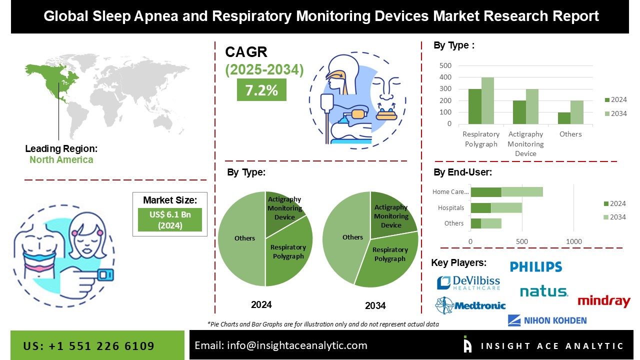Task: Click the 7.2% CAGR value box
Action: coord(261,89)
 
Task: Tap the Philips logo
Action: coord(536,267)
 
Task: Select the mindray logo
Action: coord(604,301)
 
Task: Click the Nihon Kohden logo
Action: coord(547,320)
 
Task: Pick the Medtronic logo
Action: coord(470,305)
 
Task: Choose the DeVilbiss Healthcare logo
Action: coord(468,283)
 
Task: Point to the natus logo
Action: coord(543,291)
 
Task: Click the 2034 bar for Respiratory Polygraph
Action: coord(487,100)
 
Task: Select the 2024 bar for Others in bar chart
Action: coord(564,118)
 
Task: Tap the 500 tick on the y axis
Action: coord(445,65)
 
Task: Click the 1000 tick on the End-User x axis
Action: coord(574,242)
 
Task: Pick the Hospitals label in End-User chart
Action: coord(451,207)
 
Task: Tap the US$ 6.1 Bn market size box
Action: coord(169,219)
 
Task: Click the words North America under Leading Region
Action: coord(61,160)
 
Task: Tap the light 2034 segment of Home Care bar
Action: coord(522,192)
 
